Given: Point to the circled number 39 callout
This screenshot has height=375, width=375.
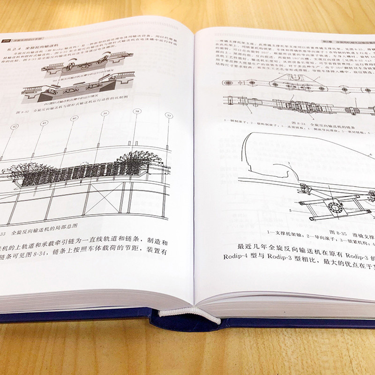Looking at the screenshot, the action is pyautogui.click(x=105, y=114).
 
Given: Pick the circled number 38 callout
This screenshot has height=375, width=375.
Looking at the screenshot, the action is pyautogui.click(x=137, y=111).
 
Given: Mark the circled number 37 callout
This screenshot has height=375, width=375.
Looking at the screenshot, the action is pyautogui.click(x=169, y=115).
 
